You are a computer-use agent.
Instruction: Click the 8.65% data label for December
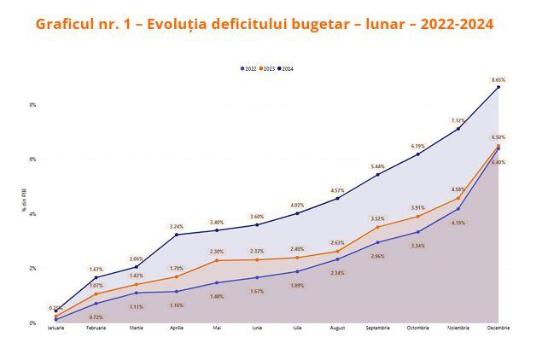499,79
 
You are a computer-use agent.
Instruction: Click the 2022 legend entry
249,68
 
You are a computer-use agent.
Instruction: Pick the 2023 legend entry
267,68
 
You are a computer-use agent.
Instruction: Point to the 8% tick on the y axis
32,105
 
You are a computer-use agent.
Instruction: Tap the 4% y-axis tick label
32,214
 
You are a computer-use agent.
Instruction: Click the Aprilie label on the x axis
176,327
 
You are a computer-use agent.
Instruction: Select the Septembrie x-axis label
377,327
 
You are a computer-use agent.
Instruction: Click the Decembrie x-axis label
499,327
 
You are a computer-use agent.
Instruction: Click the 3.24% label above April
177,226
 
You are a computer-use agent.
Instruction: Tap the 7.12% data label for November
458,120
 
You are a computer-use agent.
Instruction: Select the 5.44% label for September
377,166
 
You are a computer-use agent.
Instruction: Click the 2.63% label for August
337,242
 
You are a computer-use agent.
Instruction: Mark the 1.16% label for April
177,305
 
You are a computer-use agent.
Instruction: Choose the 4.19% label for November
458,223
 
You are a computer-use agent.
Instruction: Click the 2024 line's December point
499,87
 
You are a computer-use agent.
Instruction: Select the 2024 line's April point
177,235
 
